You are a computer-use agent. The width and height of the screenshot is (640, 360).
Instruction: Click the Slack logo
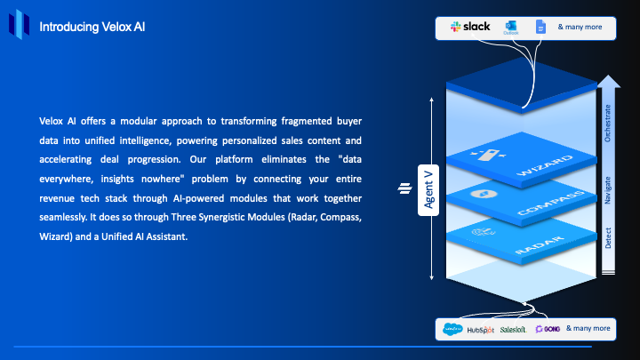pos(470,27)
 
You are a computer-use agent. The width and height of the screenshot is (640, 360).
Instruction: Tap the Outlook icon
pos(511,27)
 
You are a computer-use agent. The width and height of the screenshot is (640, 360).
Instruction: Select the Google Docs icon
pos(540,27)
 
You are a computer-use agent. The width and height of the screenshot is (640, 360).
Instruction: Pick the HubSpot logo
pos(481,329)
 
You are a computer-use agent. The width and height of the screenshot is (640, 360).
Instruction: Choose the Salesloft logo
pos(513,329)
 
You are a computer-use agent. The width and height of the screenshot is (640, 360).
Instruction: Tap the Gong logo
pos(546,329)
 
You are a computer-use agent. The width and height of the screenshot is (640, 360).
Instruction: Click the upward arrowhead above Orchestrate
pos(609,82)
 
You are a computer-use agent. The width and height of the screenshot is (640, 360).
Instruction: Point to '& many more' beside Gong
pos(588,328)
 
